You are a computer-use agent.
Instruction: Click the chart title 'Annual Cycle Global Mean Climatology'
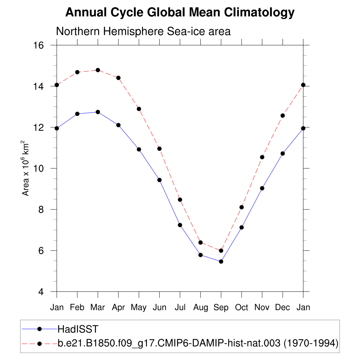[x=180, y=13]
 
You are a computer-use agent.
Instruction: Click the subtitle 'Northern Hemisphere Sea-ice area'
[x=143, y=31]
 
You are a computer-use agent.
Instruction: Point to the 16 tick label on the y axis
[x=38, y=45]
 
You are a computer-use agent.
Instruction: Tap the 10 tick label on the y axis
[x=38, y=168]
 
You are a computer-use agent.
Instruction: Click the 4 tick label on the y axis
[x=41, y=292]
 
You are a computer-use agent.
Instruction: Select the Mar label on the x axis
[x=98, y=308]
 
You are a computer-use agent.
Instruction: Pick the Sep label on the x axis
[x=221, y=308]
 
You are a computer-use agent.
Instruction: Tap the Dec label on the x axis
[x=282, y=308]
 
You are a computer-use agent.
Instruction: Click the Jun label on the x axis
[x=159, y=308]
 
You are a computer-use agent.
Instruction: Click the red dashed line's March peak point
[x=98, y=70]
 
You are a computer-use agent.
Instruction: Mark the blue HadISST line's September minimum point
[x=221, y=261]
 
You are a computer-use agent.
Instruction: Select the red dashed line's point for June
[x=159, y=149]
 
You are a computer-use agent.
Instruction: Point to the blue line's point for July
[x=180, y=225]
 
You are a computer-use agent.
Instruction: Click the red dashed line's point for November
[x=262, y=157]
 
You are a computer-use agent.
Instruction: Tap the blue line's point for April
[x=118, y=125]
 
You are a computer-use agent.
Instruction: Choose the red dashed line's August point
[x=200, y=243]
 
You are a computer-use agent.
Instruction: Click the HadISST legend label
[x=78, y=329]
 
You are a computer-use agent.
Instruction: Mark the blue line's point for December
[x=282, y=153]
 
